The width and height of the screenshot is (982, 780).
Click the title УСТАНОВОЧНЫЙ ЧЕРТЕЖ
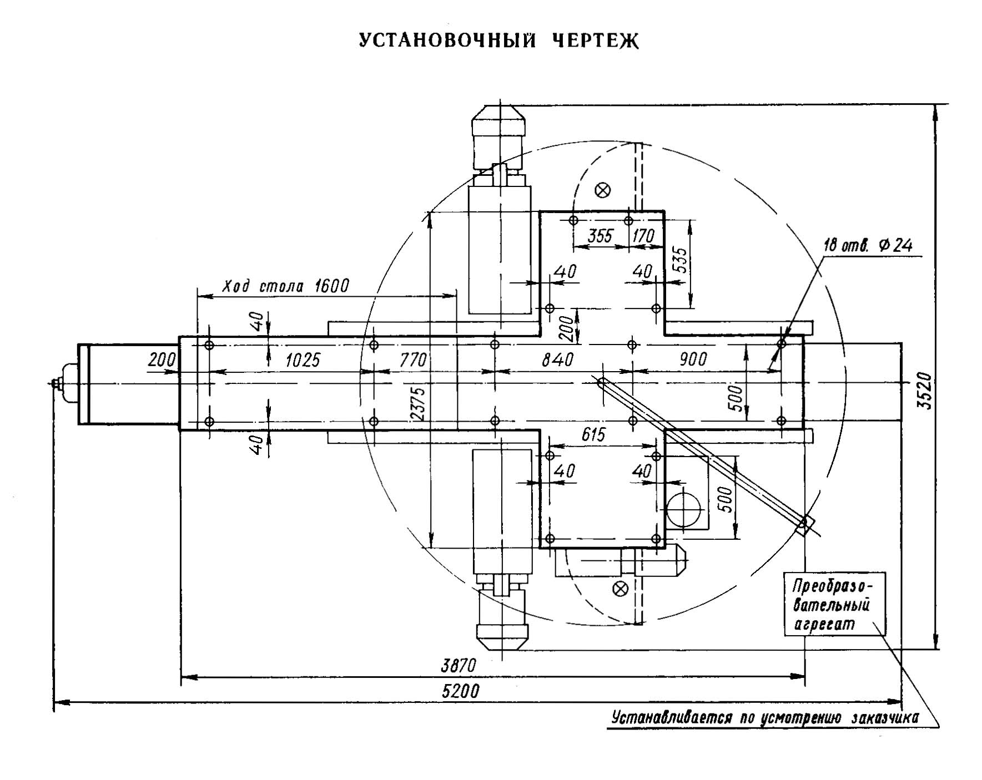point(498,41)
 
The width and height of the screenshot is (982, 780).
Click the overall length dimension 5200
point(461,691)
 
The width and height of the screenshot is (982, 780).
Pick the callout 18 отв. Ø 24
point(868,245)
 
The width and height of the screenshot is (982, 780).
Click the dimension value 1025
point(303,360)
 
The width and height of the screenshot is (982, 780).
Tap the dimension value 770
point(414,360)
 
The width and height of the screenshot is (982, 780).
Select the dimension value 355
point(600,236)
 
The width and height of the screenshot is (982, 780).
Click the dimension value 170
point(643,236)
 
